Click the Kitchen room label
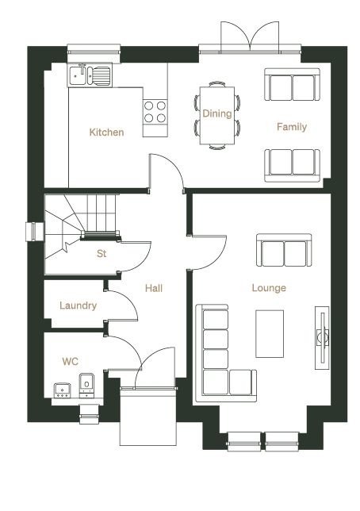(x=106, y=133)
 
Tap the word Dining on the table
(x=217, y=113)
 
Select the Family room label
(x=292, y=126)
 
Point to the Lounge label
(x=269, y=288)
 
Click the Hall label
(x=154, y=288)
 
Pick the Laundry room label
(x=79, y=305)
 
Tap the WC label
(x=70, y=361)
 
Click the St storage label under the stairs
(x=101, y=253)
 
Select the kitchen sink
(x=90, y=75)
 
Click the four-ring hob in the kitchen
(x=155, y=111)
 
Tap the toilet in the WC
(x=86, y=386)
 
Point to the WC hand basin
(x=62, y=390)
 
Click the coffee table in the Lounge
(x=270, y=334)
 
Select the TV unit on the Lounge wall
(x=322, y=338)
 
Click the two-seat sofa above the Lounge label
(x=284, y=250)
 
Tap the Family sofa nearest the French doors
(x=293, y=84)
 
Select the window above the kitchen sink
(x=94, y=51)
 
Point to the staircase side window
(x=35, y=232)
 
